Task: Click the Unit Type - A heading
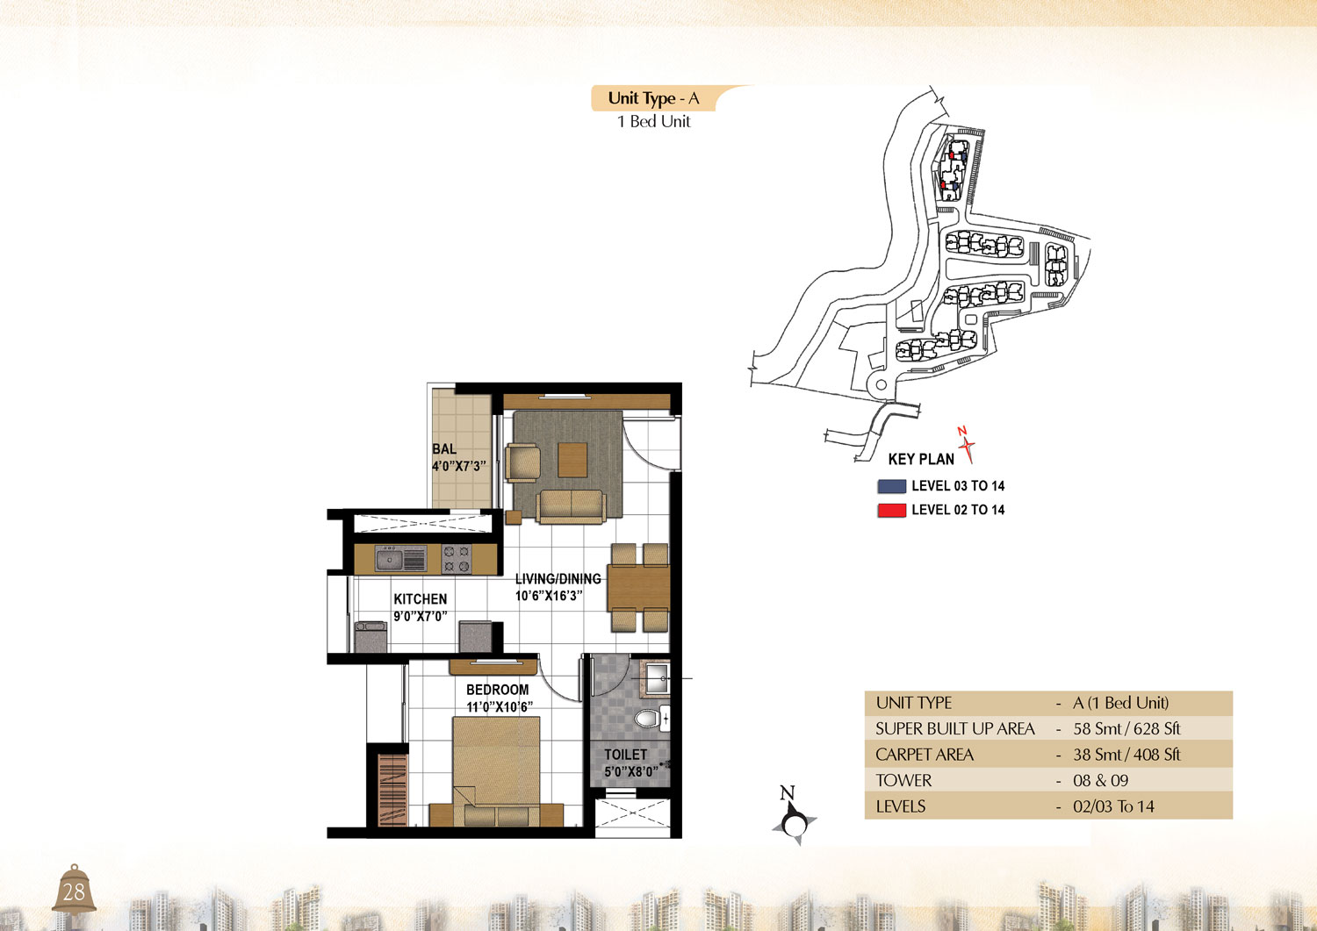point(653,98)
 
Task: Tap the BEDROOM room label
point(498,690)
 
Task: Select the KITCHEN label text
point(421,599)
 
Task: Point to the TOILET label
point(625,754)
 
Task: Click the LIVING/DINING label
point(558,578)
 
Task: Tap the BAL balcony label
point(444,449)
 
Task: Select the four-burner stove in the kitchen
point(457,558)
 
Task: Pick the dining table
point(639,588)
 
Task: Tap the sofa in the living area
point(571,506)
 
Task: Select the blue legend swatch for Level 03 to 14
point(891,486)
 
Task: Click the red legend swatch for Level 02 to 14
point(891,510)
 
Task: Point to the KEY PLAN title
point(921,460)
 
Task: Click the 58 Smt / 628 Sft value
point(1126,729)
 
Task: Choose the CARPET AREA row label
point(925,755)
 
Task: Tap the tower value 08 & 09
point(1101,781)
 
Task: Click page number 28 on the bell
point(74,892)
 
